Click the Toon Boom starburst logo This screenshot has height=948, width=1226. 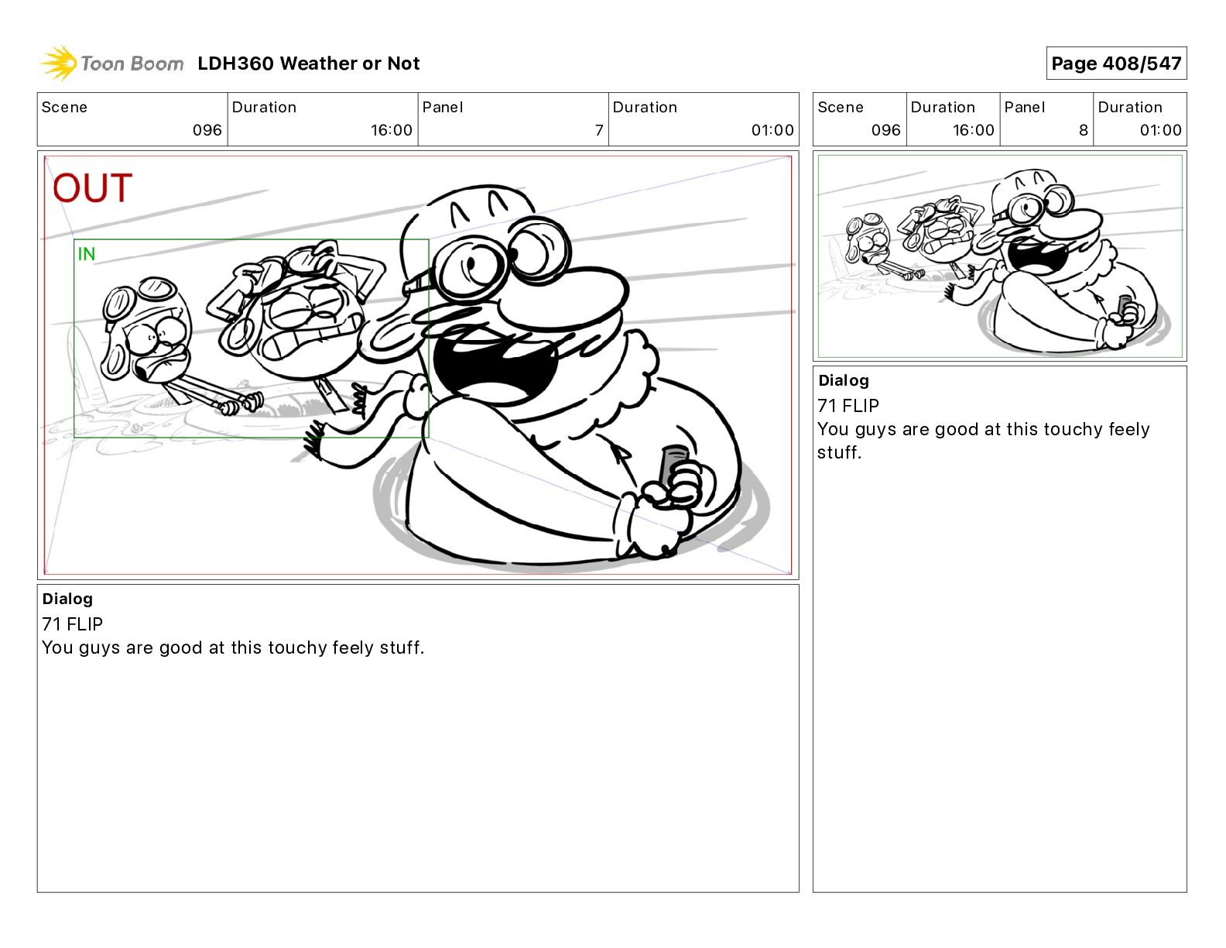59,64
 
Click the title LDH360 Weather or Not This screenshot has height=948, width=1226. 309,64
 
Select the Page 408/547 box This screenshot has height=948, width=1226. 1116,64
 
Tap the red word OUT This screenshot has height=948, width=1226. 93,187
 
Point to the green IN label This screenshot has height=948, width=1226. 87,254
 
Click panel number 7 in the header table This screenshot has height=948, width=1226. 598,130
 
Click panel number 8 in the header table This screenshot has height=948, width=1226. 1084,130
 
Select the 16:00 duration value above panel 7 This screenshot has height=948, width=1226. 391,130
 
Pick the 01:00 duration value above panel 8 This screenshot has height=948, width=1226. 1160,130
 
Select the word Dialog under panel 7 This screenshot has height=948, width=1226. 67,599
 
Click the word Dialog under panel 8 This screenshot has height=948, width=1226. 844,380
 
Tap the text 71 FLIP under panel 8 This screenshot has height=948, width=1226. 848,405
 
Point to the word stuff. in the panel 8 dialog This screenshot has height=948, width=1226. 839,452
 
